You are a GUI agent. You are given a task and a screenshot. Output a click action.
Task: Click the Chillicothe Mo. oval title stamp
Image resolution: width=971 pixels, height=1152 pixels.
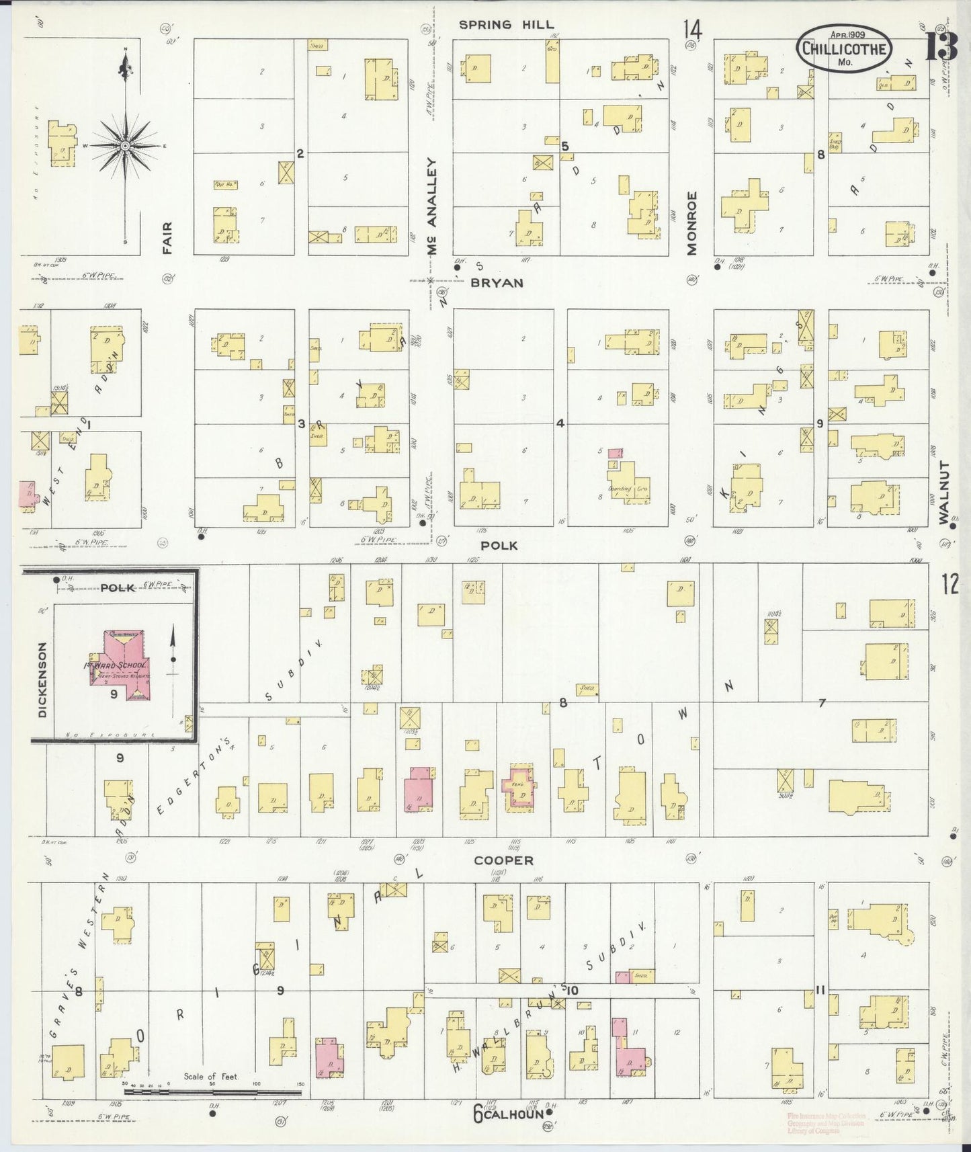(x=844, y=48)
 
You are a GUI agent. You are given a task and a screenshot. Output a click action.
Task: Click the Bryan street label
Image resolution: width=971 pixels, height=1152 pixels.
(x=497, y=283)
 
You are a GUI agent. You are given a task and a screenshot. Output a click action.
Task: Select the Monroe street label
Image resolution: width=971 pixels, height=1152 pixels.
(x=692, y=223)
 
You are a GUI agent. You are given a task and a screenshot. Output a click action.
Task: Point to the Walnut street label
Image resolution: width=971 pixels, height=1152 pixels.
(x=944, y=493)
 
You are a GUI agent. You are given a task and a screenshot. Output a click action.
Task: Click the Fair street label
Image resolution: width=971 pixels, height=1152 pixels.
(x=167, y=238)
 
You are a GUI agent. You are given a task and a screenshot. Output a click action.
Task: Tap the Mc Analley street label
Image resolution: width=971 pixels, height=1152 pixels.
(x=433, y=206)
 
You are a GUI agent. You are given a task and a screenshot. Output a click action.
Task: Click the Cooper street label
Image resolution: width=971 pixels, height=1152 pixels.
(x=503, y=860)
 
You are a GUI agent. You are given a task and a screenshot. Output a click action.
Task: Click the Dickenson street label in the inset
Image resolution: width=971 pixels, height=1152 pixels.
(x=42, y=680)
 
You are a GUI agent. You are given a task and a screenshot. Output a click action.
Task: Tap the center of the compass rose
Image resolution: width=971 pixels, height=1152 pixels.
(x=125, y=145)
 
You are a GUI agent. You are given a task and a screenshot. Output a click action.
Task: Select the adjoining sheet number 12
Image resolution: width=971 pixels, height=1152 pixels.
(x=949, y=585)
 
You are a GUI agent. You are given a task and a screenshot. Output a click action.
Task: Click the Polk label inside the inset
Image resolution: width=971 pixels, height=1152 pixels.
(x=118, y=588)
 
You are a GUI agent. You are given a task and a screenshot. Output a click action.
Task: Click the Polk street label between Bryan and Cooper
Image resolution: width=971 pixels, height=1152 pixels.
(x=500, y=545)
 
